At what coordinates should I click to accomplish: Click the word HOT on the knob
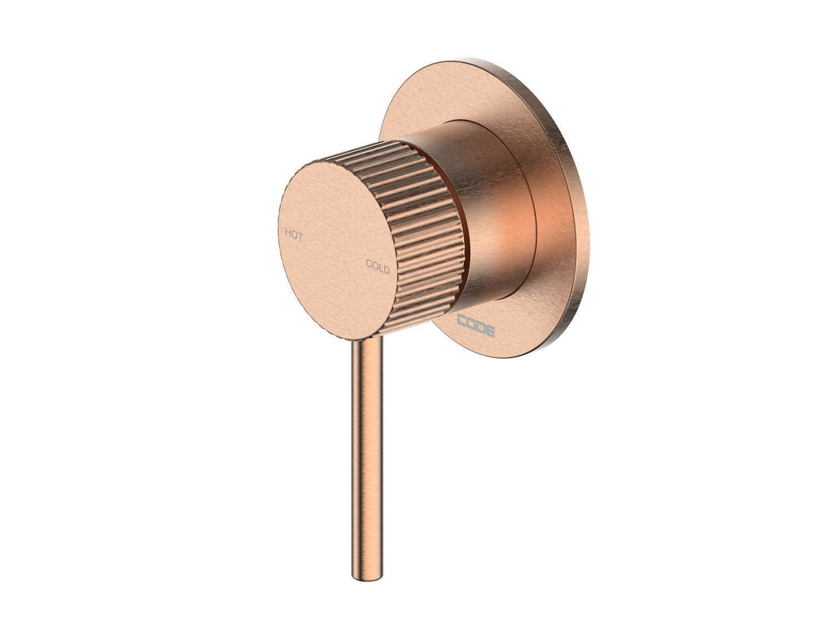tap(294, 235)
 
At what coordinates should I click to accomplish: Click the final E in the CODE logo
tap(490, 332)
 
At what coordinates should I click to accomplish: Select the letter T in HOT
tap(300, 237)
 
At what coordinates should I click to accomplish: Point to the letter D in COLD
tap(386, 270)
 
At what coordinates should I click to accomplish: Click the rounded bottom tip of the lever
tap(367, 574)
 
